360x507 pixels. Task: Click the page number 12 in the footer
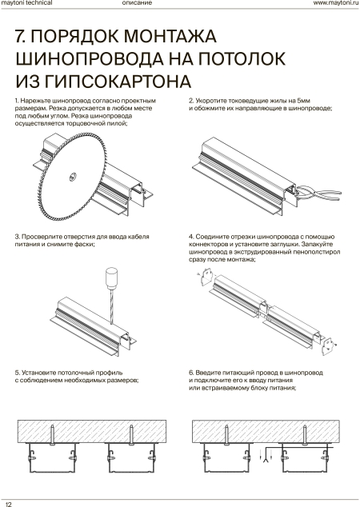coord(9,504)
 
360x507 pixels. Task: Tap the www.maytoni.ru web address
coord(336,3)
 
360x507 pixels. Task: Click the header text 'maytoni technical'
coord(27,3)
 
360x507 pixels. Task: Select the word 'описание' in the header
coord(137,3)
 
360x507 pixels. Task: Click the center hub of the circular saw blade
coord(73,177)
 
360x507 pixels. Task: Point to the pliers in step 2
coord(318,192)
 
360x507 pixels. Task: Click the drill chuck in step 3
coord(111,278)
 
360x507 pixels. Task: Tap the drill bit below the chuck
coord(112,306)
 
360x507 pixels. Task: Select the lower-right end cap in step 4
coord(328,346)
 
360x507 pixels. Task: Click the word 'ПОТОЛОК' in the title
coord(242,58)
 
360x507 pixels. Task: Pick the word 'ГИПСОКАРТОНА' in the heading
coord(118,81)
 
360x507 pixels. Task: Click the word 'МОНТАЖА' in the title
coord(170,36)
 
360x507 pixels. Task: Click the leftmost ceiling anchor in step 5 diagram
coord(52,435)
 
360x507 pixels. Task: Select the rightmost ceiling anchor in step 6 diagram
coord(305,435)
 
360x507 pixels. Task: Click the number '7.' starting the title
coord(21,36)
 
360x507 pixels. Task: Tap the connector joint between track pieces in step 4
coord(265,310)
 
